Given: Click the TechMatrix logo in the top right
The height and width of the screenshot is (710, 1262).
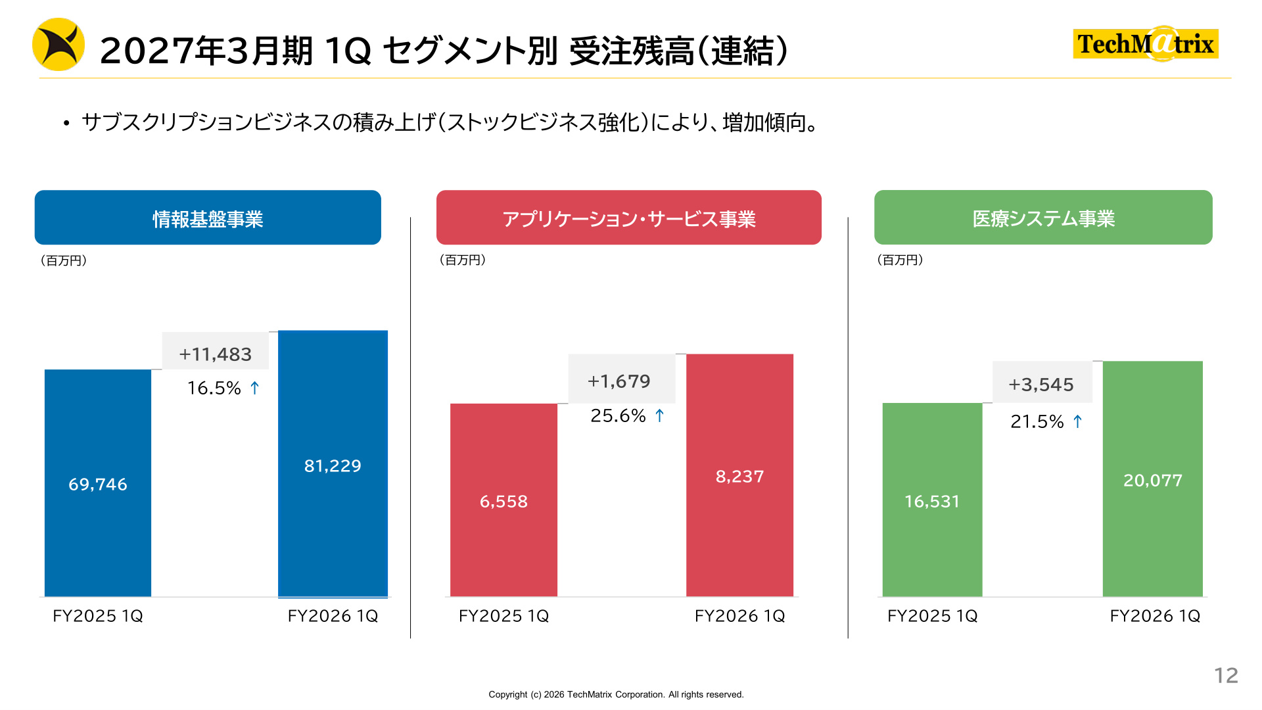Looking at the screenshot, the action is click(1146, 43).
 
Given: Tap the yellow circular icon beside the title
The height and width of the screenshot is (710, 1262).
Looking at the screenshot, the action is click(58, 44).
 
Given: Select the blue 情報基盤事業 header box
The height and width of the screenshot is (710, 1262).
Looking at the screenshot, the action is click(208, 218).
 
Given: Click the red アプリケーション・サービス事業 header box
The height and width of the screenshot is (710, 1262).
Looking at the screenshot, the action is click(628, 218).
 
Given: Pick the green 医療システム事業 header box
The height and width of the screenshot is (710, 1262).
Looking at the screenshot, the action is click(1043, 218).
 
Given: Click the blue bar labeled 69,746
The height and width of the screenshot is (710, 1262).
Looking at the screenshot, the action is click(98, 483).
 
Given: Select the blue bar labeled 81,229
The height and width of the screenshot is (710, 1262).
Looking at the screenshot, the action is click(333, 464).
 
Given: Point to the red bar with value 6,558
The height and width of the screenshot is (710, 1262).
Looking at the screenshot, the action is click(503, 500).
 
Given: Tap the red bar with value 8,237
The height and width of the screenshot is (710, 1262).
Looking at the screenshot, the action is click(739, 475).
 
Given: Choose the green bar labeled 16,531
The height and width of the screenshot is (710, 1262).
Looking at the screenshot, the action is click(932, 500).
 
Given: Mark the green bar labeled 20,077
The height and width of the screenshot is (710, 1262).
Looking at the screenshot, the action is click(1153, 479).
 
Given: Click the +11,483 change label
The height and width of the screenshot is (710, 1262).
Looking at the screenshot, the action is click(216, 354).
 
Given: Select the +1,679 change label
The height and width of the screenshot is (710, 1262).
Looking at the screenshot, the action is click(619, 381).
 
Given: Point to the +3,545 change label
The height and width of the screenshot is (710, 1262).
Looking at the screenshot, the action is click(1041, 385).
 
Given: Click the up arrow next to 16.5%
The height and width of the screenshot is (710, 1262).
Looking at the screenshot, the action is click(255, 388).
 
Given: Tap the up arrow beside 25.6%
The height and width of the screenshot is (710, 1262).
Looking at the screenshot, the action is click(660, 415).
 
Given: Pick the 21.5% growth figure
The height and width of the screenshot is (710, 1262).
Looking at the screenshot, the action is click(1037, 421).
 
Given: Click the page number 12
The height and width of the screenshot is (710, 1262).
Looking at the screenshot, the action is click(1226, 675).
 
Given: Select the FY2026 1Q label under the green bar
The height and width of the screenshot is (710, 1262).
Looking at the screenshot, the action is click(1155, 616).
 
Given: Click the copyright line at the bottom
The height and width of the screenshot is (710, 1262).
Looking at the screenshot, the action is click(616, 694).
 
